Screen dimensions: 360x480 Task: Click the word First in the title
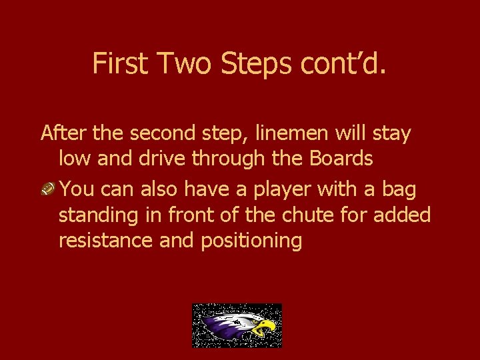click(x=121, y=63)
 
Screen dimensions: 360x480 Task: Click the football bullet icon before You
click(x=48, y=189)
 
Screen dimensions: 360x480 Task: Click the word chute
click(x=323, y=215)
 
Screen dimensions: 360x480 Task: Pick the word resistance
click(x=106, y=241)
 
